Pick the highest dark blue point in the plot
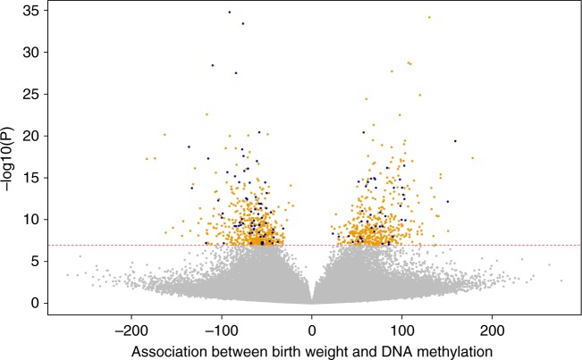pos(229,13)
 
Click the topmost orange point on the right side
pos(429,17)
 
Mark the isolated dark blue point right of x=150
pos(455,141)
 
